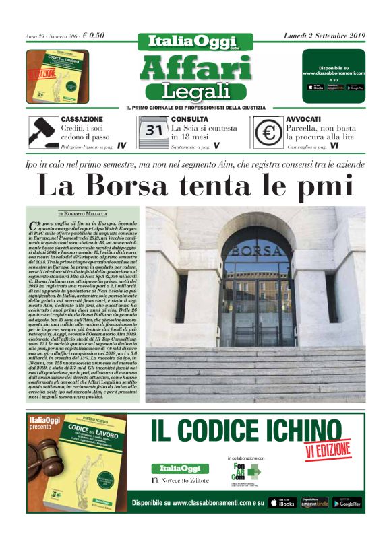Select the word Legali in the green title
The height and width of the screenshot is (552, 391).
point(195,90)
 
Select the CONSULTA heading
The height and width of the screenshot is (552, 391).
point(189,119)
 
